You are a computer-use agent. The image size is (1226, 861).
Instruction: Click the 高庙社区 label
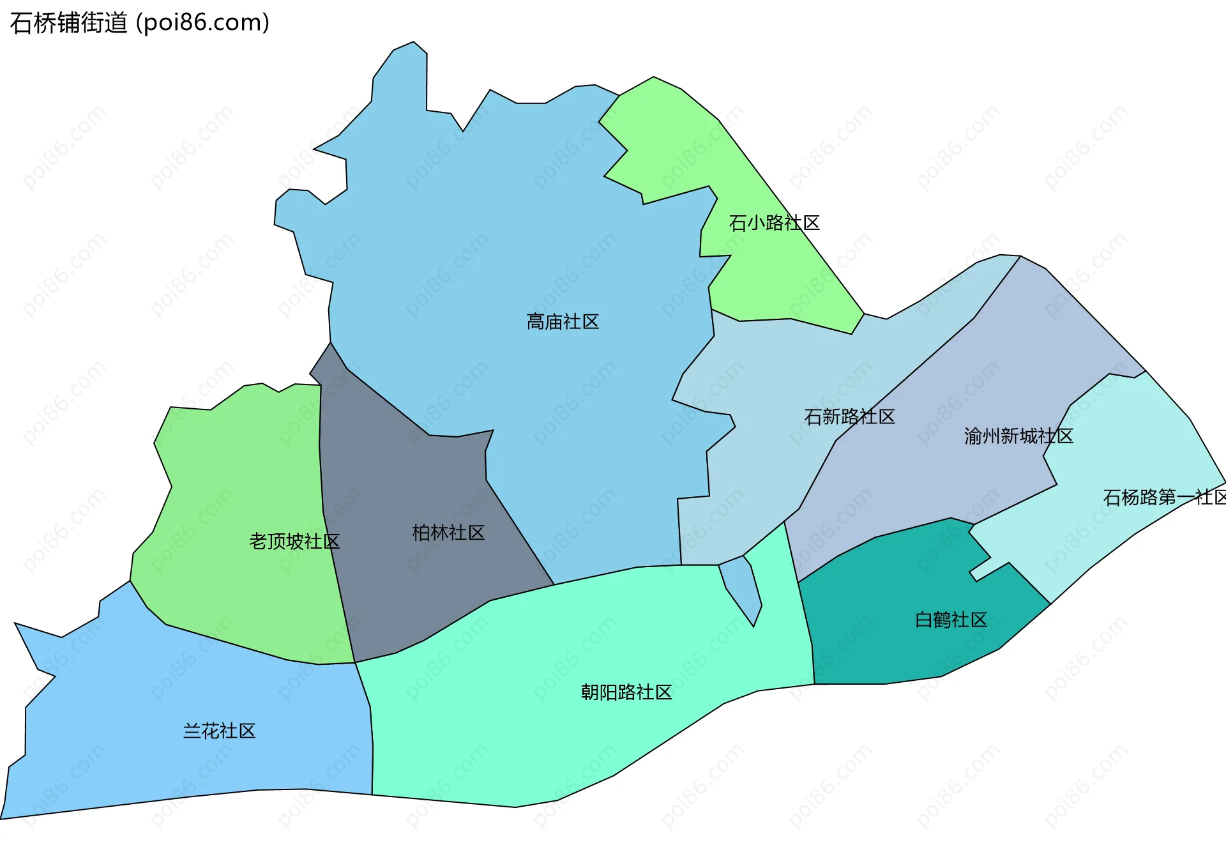coord(563,322)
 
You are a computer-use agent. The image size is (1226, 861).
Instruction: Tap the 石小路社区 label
coord(774,223)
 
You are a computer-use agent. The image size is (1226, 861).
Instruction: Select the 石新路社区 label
coord(849,417)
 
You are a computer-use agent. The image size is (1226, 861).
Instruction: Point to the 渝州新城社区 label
coord(1018,436)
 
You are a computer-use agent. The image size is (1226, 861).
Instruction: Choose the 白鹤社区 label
coord(951,620)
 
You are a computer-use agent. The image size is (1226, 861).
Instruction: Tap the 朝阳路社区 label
coord(626,692)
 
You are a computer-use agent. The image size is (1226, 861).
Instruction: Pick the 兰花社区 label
coord(219,731)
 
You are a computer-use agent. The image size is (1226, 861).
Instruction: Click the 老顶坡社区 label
coord(294,542)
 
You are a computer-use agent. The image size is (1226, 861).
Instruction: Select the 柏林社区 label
coord(448,533)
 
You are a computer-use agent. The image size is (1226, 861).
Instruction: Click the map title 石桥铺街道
coord(69,23)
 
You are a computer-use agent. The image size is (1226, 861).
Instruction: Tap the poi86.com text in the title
coord(203,23)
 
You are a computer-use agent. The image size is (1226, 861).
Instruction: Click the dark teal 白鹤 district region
coord(894,645)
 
